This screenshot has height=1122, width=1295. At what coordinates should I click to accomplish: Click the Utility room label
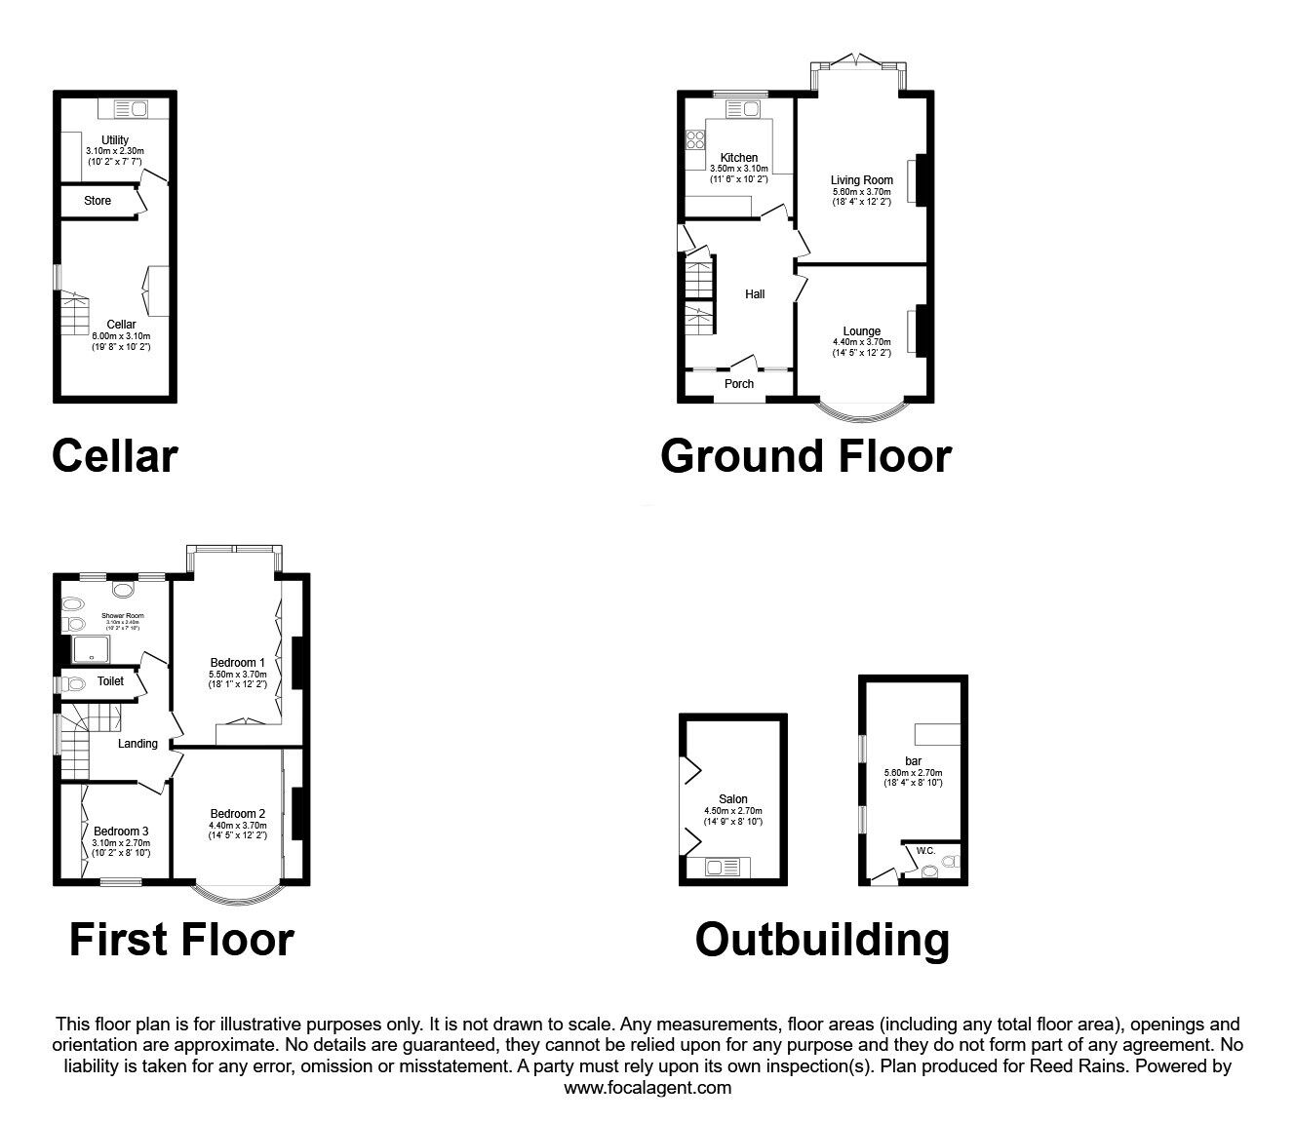(114, 140)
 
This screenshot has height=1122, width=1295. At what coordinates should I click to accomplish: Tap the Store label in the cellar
(98, 201)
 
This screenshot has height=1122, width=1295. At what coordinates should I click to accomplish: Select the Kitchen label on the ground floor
(739, 158)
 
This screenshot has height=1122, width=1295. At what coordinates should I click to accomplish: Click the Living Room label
(861, 180)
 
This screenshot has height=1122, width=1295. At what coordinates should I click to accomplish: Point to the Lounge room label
(861, 331)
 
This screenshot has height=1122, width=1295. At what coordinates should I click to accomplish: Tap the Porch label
(739, 384)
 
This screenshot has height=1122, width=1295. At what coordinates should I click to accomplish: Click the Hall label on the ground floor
(755, 294)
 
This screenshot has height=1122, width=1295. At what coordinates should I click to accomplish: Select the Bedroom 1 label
(237, 663)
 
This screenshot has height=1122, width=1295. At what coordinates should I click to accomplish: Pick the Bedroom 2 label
(237, 814)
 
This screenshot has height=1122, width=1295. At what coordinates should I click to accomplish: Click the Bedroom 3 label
(121, 832)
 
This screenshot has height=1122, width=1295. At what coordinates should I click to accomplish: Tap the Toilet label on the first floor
(110, 681)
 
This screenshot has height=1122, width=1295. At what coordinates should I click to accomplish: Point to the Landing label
(137, 744)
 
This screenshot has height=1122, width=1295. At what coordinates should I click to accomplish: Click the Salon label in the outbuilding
(733, 799)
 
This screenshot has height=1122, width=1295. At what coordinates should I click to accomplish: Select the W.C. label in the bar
(926, 851)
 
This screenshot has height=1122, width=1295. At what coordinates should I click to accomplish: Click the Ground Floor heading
(805, 456)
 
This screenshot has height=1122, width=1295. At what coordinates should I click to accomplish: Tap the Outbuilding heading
(822, 941)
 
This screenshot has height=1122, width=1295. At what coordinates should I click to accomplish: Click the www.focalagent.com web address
(647, 1088)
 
